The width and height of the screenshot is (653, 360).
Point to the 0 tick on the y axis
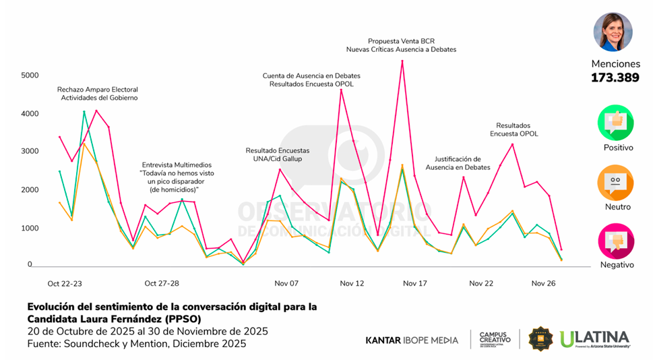30,265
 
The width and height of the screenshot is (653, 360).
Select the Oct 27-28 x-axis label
162,284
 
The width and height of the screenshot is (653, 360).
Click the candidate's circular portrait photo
613,32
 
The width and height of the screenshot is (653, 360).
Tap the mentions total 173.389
615,78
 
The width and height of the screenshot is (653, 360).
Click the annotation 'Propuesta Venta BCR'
401,40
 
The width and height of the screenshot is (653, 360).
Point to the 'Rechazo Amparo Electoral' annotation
97,89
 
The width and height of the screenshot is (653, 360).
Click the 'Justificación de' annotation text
453,158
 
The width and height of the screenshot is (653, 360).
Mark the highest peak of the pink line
402,61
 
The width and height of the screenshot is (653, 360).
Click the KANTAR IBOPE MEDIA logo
412,340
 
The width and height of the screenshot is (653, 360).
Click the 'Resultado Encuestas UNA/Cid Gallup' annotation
278,154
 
